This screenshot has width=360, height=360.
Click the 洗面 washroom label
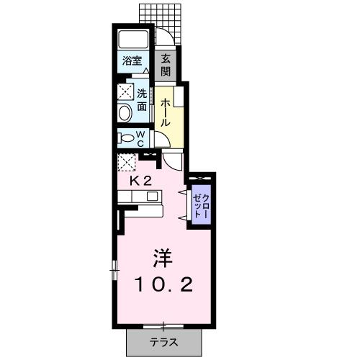142,99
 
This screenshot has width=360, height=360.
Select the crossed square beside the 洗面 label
125,92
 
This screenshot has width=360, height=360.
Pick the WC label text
141,138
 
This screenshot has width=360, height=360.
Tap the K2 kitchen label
140,181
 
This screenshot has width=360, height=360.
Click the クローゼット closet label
199,207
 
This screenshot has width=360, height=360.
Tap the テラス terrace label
163,341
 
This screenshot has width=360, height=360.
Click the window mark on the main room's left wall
114,270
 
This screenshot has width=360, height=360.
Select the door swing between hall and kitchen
174,159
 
